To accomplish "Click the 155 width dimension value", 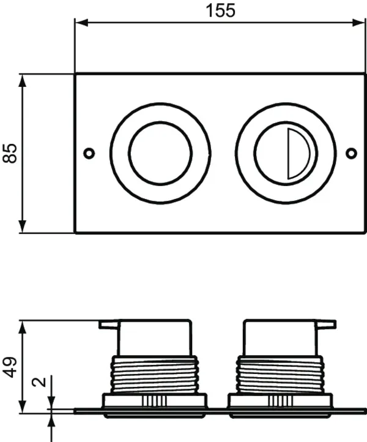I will [220, 10].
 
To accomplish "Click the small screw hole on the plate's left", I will [89, 152].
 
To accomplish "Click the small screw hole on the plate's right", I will [351, 152].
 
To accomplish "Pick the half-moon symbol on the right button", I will [299, 153].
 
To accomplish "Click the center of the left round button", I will [160, 153].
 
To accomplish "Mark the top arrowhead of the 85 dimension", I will [23, 80].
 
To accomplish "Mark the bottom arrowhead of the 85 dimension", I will [23, 227].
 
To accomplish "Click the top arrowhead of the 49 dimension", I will [23, 326].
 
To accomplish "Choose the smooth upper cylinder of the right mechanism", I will [280, 339].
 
